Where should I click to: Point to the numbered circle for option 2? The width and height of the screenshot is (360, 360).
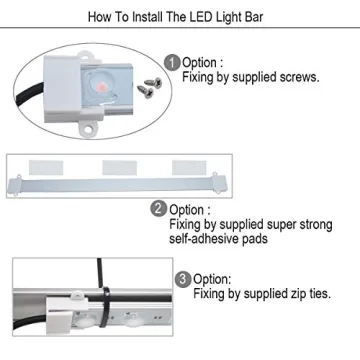(x=159, y=210)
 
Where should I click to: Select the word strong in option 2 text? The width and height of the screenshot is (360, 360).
(x=288, y=225)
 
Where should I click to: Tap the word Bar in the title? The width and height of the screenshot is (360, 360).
(x=263, y=18)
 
